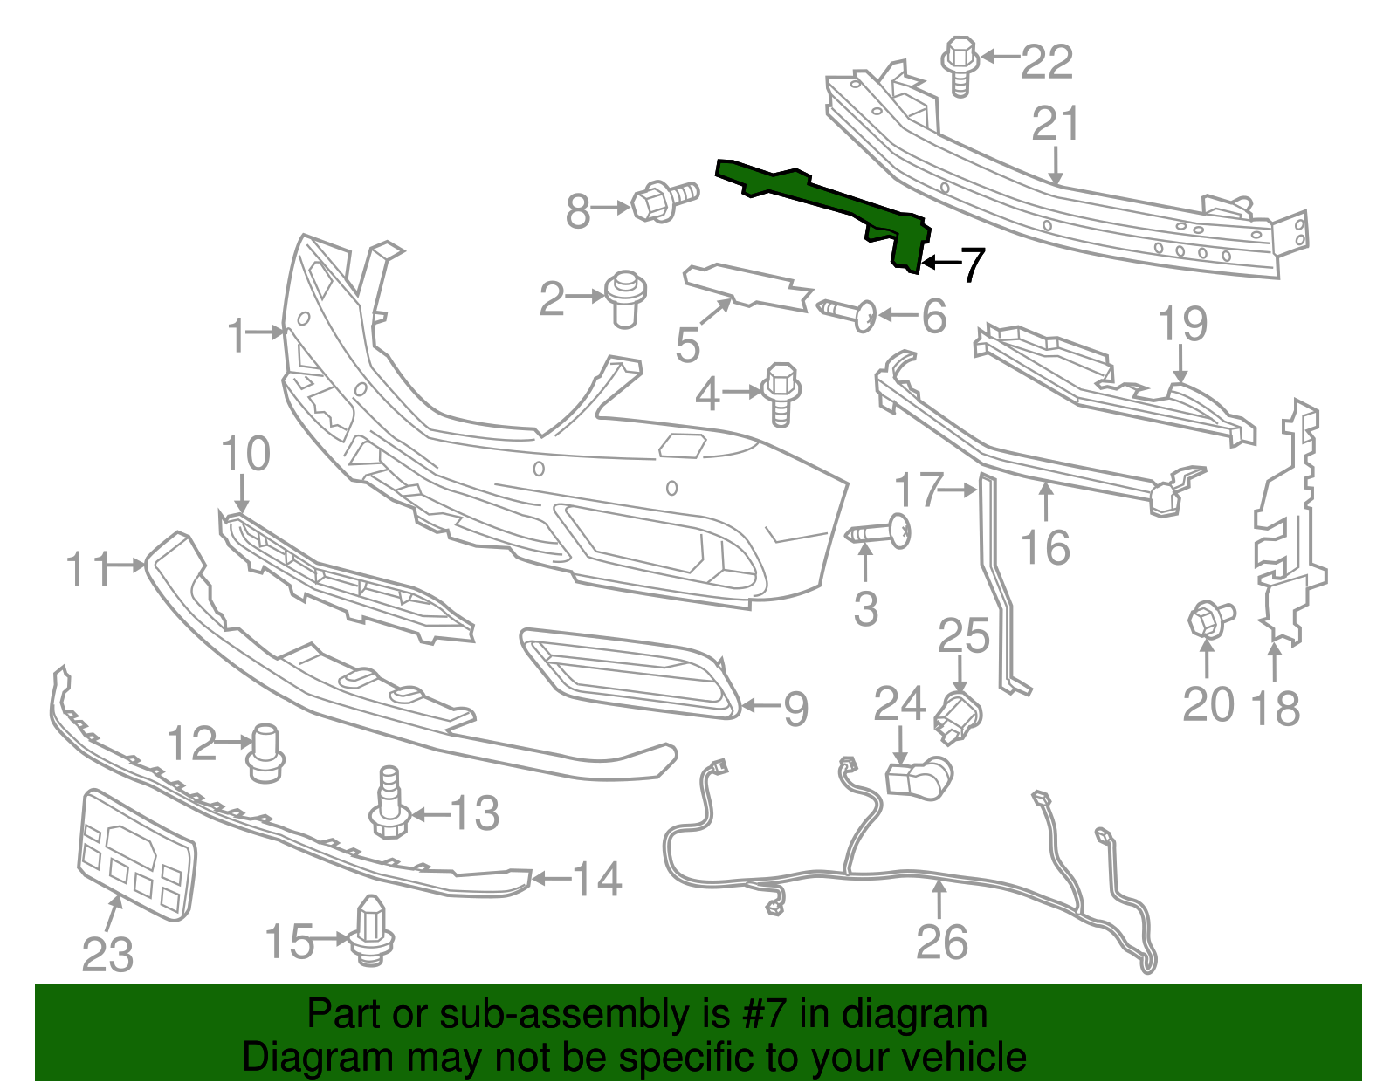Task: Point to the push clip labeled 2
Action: click(624, 297)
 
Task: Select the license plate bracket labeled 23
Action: click(137, 853)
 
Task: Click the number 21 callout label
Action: click(1056, 125)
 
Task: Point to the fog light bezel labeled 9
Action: click(629, 672)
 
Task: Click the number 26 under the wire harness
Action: click(942, 942)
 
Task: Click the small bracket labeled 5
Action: click(747, 288)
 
